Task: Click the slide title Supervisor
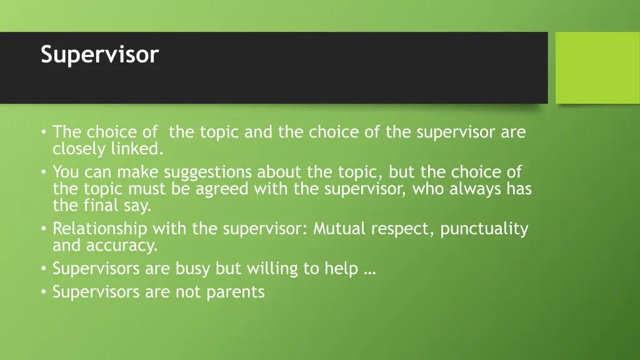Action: (100, 55)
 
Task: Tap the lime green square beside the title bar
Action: (597, 67)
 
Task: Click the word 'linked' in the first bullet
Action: (136, 149)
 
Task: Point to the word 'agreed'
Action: (222, 189)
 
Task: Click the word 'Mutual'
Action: (339, 229)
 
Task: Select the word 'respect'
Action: (401, 229)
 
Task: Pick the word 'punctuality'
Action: (484, 229)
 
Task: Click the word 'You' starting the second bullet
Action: (63, 172)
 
